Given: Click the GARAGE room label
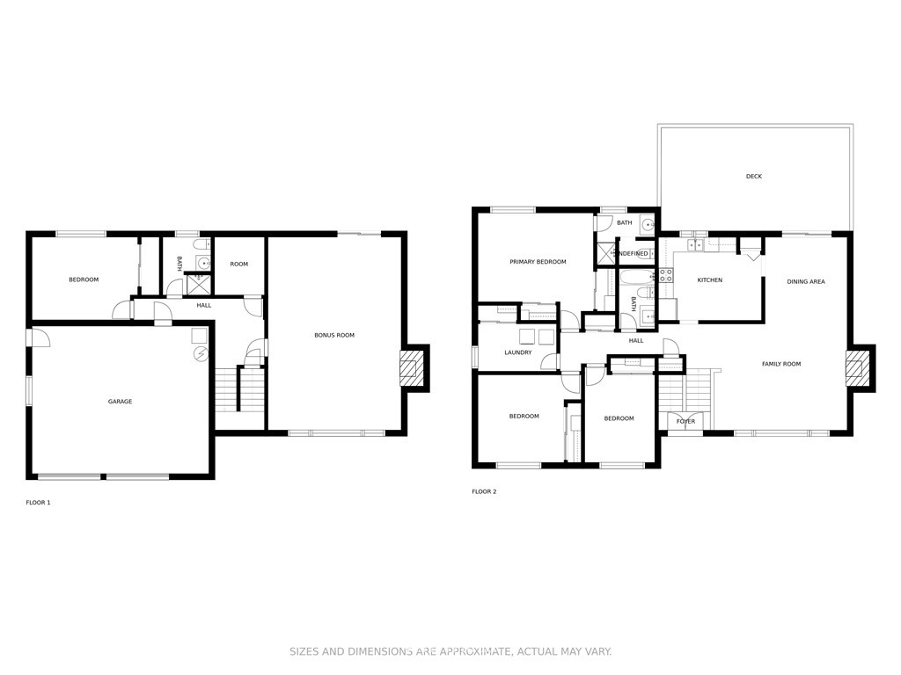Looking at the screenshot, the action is (120, 402).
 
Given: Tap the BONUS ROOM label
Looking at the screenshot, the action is (334, 335).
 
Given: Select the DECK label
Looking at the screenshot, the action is (754, 176).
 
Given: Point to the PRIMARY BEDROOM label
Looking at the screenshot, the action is (538, 262).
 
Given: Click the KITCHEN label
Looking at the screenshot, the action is (710, 280).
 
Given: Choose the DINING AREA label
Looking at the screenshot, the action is (806, 282).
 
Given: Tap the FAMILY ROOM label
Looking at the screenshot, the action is (781, 364).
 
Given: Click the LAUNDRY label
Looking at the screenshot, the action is (518, 352).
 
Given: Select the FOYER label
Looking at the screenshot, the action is (685, 421).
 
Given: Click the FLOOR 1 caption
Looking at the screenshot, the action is (38, 503).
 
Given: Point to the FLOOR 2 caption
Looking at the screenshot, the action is (485, 492).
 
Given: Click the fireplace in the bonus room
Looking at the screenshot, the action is (408, 368).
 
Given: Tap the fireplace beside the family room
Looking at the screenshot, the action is (853, 368).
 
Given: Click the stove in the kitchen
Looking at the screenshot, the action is (666, 275).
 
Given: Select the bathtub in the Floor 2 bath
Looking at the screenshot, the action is (637, 277).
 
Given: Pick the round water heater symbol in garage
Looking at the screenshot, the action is (201, 354).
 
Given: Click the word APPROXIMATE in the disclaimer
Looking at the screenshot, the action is (474, 651).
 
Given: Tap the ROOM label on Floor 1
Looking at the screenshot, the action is (239, 264).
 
